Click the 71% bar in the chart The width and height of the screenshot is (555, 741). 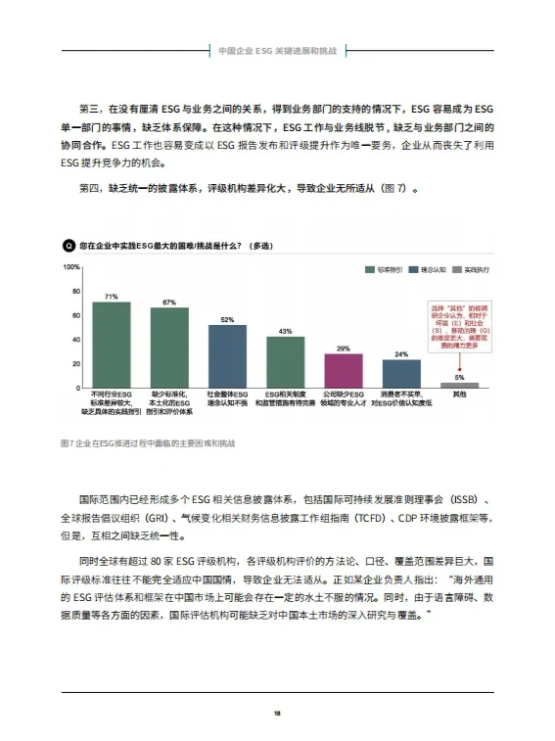click(111, 345)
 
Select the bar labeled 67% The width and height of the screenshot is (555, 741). click(169, 347)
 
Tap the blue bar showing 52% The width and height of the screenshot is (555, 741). click(227, 356)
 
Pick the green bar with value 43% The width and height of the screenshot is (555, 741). click(285, 362)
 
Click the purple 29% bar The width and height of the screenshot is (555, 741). click(344, 371)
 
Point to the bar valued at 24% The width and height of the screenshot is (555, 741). click(401, 374)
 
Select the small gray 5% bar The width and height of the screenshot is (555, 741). click(459, 385)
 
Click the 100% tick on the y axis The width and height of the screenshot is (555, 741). click(71, 266)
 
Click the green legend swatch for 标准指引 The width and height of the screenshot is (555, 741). click(369, 268)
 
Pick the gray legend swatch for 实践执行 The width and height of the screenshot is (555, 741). click(457, 268)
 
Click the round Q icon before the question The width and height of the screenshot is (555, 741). click(67, 245)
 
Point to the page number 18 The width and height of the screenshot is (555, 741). click(278, 712)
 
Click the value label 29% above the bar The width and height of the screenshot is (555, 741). click(344, 348)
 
